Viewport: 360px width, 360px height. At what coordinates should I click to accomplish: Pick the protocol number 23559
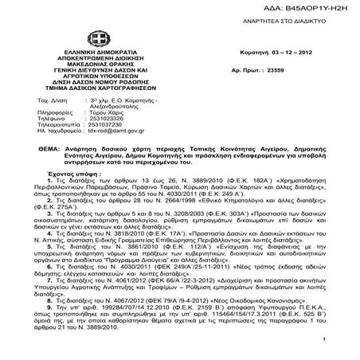pos(277,70)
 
